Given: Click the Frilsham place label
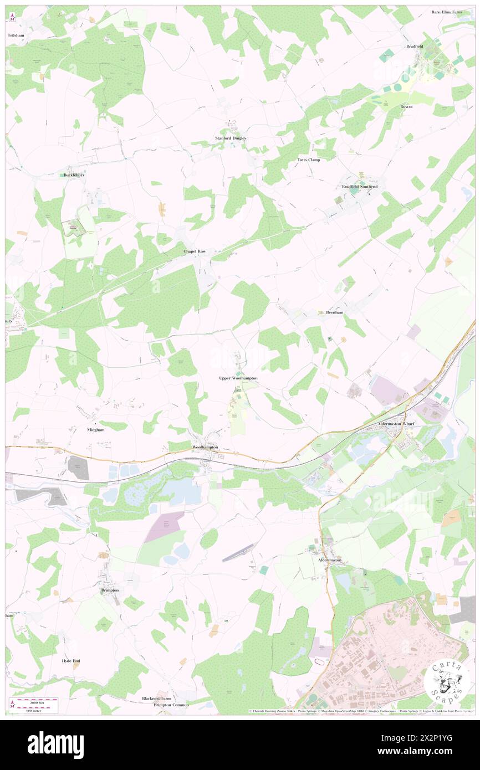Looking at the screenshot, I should tap(16, 35).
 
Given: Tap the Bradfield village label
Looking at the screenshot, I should tap(415, 47).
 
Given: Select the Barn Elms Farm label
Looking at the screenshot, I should tap(446, 12).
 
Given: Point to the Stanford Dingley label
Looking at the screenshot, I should tap(231, 138).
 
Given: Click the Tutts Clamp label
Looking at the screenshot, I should tap(309, 160).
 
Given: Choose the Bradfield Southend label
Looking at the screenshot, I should tap(359, 187).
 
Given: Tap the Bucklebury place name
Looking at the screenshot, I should tap(73, 175).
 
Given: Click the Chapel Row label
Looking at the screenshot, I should tap(195, 251).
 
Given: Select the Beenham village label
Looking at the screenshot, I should tap(334, 312).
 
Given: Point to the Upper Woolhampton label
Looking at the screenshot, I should tap(238, 378).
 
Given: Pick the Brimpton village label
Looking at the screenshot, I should tap(110, 590).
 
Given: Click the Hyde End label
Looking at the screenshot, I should tap(71, 661).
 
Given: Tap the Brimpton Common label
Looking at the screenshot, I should tap(171, 705).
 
